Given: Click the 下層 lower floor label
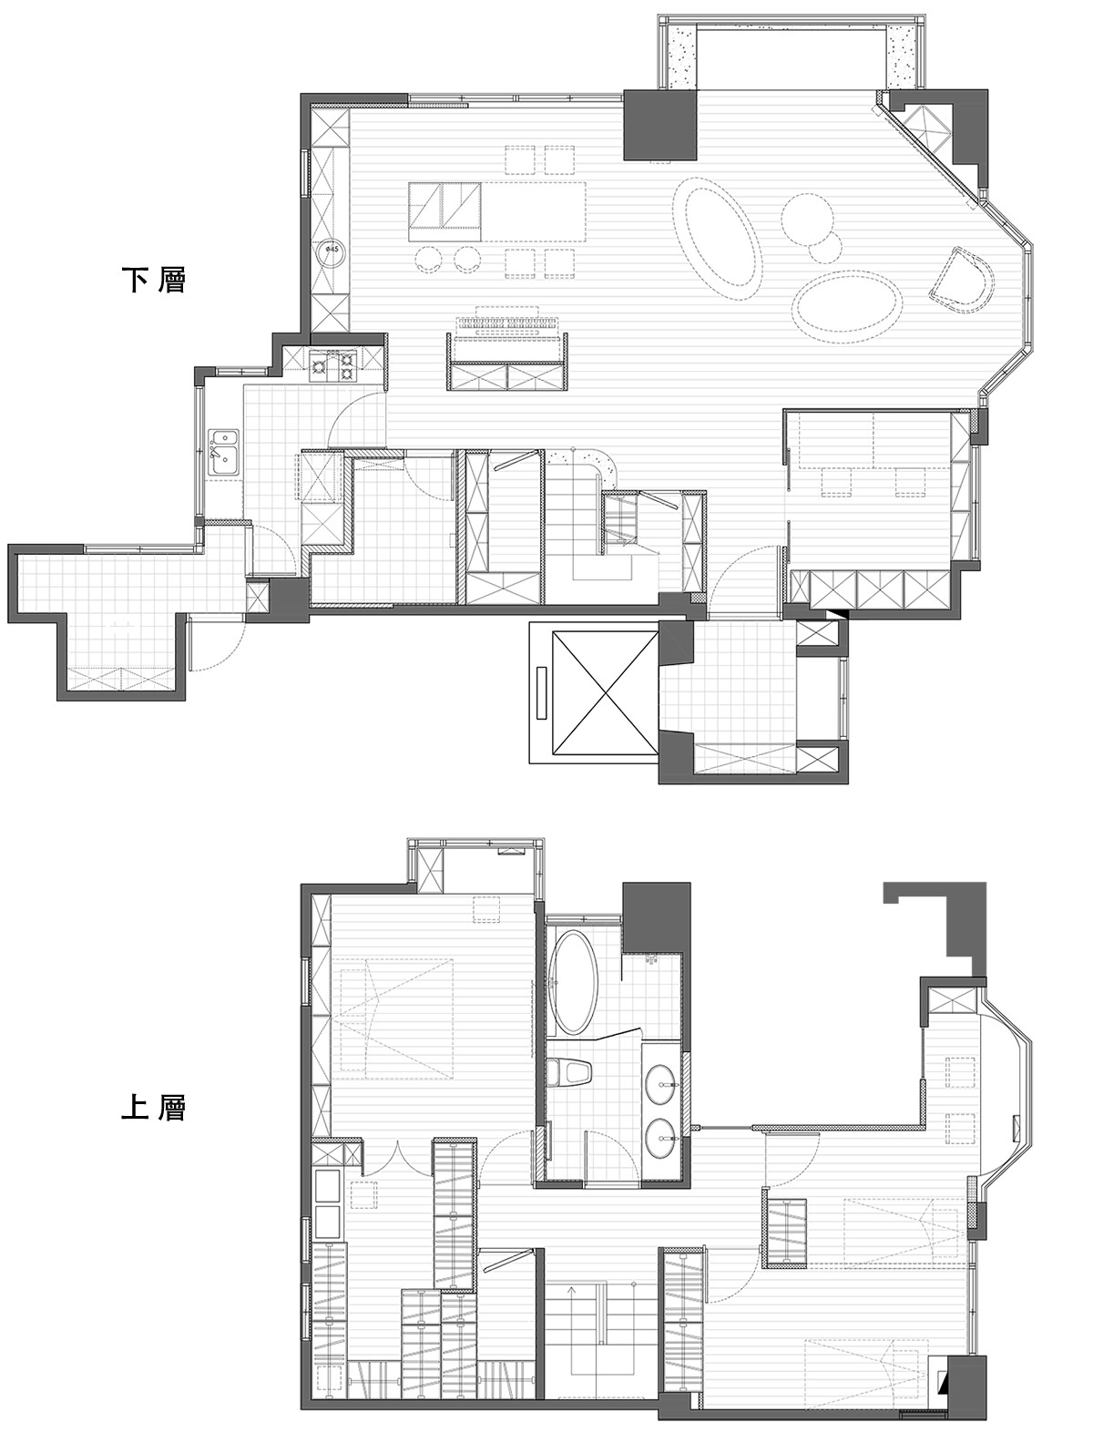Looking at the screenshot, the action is pos(154,280).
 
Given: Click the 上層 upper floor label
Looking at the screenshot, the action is pos(154,1107).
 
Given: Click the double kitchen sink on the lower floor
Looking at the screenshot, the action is pos(224,450).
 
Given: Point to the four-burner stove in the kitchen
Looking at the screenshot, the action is pos(334,367).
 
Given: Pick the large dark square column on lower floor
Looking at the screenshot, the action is pos(659,124).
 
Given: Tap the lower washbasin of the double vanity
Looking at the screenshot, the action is pos(660,1140).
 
